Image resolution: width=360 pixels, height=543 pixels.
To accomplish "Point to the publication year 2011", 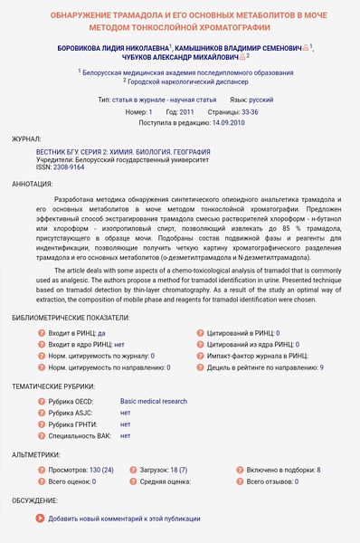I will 186,110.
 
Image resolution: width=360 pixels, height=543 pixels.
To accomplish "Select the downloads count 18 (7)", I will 178,471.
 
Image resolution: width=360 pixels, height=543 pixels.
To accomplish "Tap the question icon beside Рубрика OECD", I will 42,401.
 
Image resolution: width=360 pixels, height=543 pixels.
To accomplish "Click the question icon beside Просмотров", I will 42,471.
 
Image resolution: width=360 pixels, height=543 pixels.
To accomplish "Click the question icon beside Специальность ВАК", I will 42,435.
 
